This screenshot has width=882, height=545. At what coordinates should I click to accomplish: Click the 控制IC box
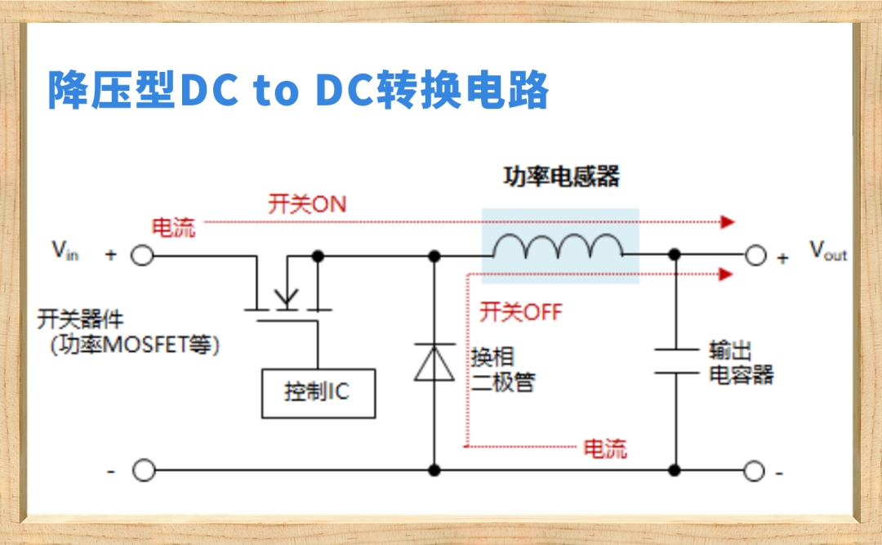[x=318, y=392]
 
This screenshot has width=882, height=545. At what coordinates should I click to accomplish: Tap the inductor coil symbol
[x=559, y=247]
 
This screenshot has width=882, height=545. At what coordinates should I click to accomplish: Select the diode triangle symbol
[x=434, y=363]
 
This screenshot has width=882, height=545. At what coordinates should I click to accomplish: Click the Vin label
[x=65, y=251]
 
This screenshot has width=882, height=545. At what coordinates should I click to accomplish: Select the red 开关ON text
[x=307, y=204]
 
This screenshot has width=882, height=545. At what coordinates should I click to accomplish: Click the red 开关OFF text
[x=520, y=311]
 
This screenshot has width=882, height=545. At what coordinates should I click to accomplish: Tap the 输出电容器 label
[x=741, y=364]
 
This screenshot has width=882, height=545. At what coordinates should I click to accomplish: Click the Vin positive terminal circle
[x=143, y=256]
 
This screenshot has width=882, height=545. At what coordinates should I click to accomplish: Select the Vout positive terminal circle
[x=755, y=256]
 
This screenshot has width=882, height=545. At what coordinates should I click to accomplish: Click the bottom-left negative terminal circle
[x=144, y=471]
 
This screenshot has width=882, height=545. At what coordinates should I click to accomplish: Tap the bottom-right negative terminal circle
[x=755, y=471]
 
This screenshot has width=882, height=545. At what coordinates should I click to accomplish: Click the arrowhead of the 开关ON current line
[x=728, y=222]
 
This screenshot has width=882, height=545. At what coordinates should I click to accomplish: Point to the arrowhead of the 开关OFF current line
[x=726, y=275]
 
